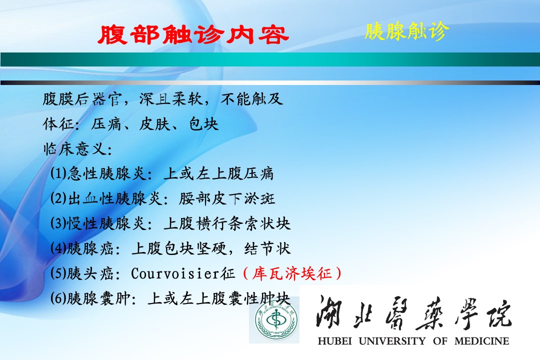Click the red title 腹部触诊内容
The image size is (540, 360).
click(193, 35)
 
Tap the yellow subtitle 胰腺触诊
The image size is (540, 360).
click(407, 31)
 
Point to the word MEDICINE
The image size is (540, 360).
click(482, 341)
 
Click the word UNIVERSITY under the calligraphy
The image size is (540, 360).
click(392, 341)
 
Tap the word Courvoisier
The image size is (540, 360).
click(175, 273)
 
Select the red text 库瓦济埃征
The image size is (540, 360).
click(292, 273)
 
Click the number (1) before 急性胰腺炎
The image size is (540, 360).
click(58, 173)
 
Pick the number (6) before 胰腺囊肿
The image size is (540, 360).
click(58, 298)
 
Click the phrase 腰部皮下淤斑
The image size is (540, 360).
click(227, 198)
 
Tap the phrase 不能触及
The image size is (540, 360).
click(251, 99)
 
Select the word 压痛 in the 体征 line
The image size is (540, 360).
click(106, 124)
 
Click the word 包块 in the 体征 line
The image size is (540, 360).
click(203, 124)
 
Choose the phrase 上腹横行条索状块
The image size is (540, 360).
click(227, 223)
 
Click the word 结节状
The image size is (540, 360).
click(267, 248)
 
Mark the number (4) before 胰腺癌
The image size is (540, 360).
click(58, 248)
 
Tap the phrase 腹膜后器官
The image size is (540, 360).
click(82, 99)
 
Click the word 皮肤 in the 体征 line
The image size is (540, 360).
click(154, 124)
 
